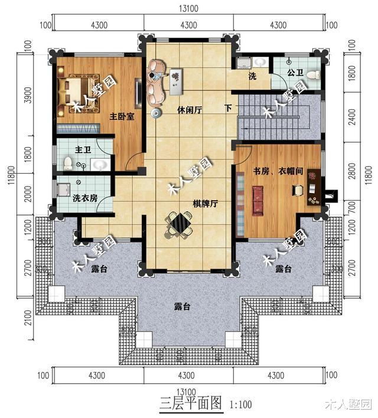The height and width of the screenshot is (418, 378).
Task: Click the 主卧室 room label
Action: pyautogui.click(x=122, y=116)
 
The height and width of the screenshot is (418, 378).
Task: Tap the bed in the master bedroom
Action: pyautogui.click(x=76, y=90)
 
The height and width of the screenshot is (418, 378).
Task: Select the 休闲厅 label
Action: pyautogui.click(x=189, y=110)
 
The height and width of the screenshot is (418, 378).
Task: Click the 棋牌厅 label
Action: pyautogui.click(x=206, y=204)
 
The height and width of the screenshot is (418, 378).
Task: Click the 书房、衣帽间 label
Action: pyautogui.click(x=278, y=171)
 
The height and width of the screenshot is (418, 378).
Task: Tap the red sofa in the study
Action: pyautogui.click(x=258, y=200)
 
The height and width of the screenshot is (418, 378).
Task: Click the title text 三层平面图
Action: pyautogui.click(x=190, y=404)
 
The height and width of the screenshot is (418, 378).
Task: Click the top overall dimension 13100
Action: pyautogui.click(x=188, y=9)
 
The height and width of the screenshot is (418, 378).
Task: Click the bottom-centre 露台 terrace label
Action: pyautogui.click(x=182, y=306)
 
